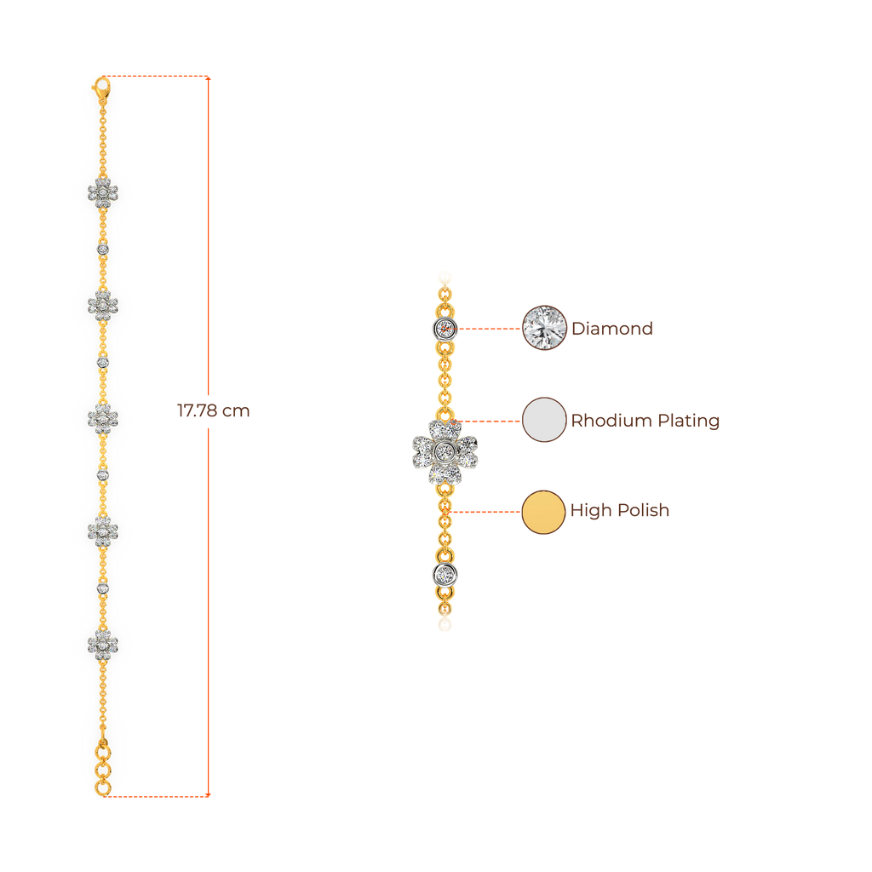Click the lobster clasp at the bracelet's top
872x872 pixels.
[102, 87]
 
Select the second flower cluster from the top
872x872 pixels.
[103, 304]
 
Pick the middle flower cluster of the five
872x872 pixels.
[103, 417]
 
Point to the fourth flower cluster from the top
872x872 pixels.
[103, 531]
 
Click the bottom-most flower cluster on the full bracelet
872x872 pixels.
[103, 645]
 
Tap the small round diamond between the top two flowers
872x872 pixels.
[103, 248]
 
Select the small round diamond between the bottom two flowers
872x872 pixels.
[103, 588]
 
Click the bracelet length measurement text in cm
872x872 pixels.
[214, 411]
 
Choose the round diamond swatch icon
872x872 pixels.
[544, 327]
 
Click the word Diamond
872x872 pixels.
[612, 329]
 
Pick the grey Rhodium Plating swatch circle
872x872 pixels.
[544, 420]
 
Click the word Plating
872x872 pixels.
[689, 421]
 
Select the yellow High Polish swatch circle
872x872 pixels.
[544, 512]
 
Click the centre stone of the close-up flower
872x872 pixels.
[445, 450]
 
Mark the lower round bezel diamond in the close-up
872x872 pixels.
[444, 574]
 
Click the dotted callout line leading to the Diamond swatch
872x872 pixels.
[490, 328]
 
